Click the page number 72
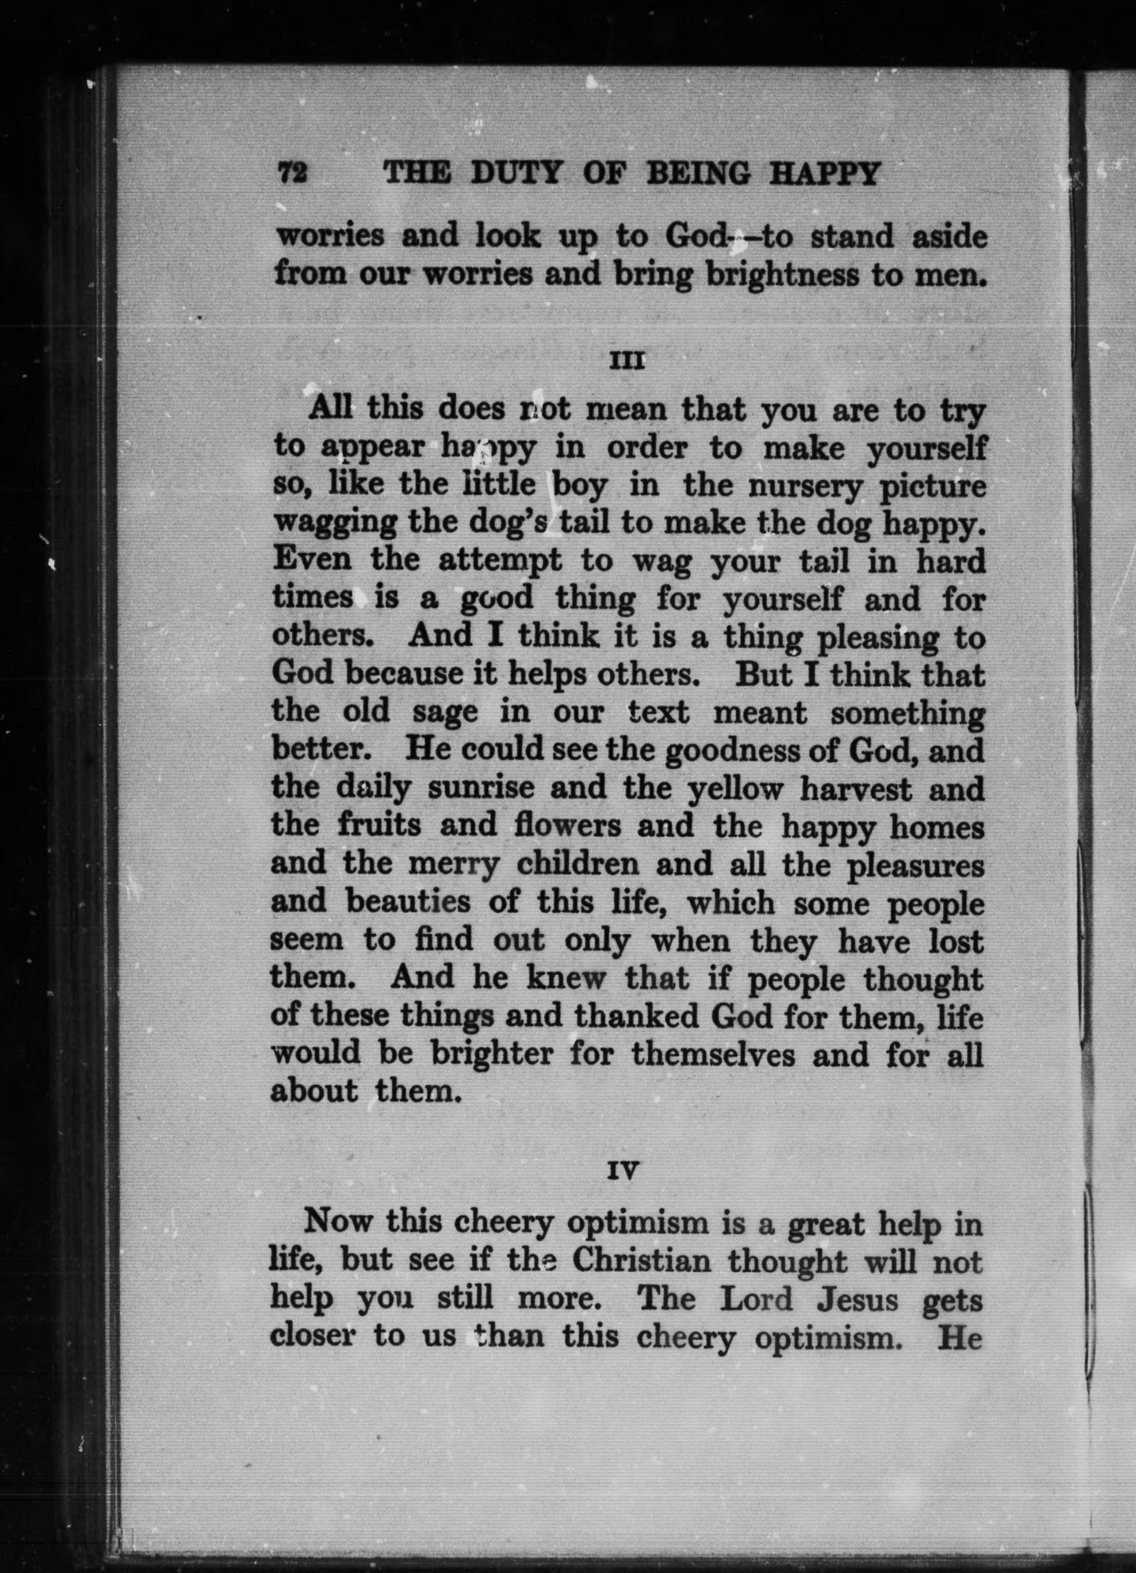pyautogui.click(x=292, y=173)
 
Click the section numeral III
pyautogui.click(x=627, y=361)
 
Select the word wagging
pyautogui.click(x=334, y=525)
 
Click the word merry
pyautogui.click(x=455, y=864)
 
